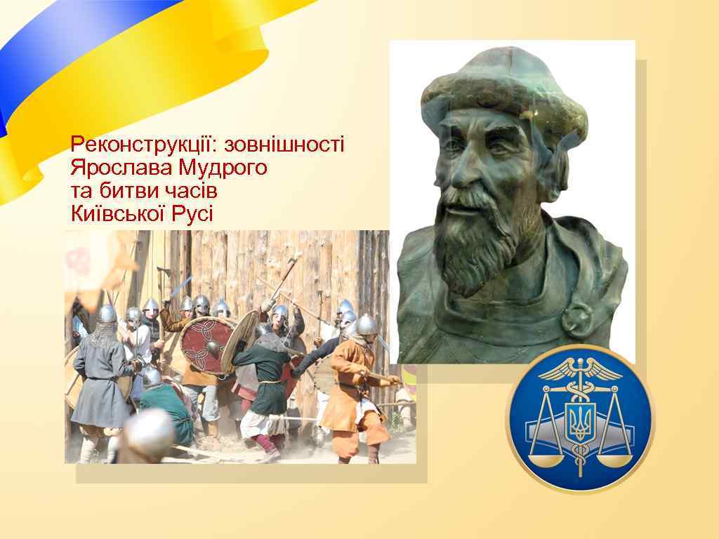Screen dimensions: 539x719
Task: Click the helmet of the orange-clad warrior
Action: click(x=366, y=325)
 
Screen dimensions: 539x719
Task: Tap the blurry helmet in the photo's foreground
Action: click(x=150, y=431)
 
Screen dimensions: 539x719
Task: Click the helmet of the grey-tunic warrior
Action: click(x=107, y=314)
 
